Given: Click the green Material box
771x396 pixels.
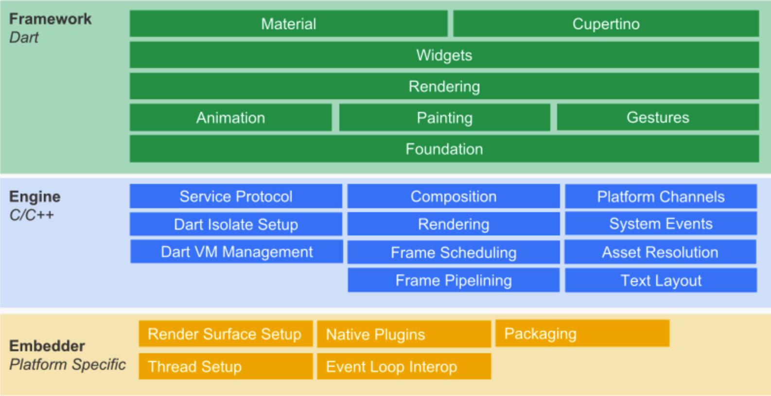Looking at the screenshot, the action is (x=288, y=24).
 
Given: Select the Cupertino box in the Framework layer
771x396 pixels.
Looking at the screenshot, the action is (x=606, y=24).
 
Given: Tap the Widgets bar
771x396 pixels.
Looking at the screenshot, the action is (x=444, y=55).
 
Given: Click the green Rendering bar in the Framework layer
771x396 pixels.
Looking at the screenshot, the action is (x=444, y=86).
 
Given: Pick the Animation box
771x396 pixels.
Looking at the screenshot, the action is (x=230, y=117).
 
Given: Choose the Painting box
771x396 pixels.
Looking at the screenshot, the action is (x=445, y=117).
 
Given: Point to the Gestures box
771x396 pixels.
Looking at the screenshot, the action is (x=658, y=117).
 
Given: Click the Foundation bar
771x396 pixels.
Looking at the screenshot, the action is (x=444, y=149).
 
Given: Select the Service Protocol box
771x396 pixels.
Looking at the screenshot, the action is (x=236, y=196).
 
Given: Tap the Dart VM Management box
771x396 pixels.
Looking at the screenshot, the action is (x=237, y=252).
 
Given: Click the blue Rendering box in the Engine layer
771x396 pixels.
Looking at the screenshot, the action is (x=454, y=224).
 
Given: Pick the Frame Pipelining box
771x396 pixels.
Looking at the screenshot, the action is (x=454, y=280).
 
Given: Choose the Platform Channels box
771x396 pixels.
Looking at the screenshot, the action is (x=661, y=196).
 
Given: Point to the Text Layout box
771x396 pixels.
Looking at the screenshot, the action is (x=661, y=280).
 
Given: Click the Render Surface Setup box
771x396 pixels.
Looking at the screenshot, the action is (x=226, y=334).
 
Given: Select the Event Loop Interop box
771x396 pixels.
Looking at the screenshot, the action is (x=404, y=366).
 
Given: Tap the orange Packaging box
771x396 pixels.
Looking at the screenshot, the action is (x=582, y=333).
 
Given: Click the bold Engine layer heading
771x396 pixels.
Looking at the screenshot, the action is (x=35, y=197).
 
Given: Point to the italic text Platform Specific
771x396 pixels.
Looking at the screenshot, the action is (x=68, y=364).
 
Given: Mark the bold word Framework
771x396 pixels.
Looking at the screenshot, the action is (x=50, y=18).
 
